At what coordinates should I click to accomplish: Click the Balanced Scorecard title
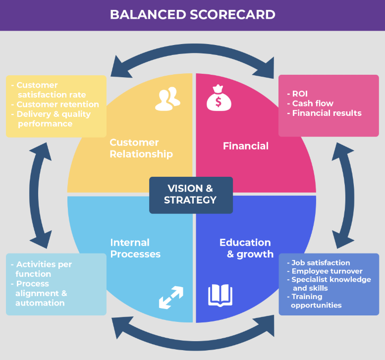click(192, 14)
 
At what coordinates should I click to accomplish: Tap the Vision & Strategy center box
click(191, 195)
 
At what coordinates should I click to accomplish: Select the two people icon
click(166, 99)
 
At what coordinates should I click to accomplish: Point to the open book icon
click(220, 296)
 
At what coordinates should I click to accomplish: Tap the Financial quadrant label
click(245, 146)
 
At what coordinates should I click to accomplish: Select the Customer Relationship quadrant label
click(141, 148)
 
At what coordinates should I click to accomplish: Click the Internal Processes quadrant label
click(135, 248)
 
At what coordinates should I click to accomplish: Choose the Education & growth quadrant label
click(246, 248)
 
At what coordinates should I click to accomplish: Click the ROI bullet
click(299, 93)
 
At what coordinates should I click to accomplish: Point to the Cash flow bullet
click(312, 103)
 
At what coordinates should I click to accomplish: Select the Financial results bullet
click(326, 113)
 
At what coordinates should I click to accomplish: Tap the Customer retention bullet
click(57, 104)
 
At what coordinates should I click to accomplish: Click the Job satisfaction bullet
click(320, 263)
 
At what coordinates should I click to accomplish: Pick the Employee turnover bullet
click(326, 271)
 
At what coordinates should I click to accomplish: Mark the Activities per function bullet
click(43, 269)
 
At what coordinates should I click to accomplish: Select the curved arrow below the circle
click(192, 341)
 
